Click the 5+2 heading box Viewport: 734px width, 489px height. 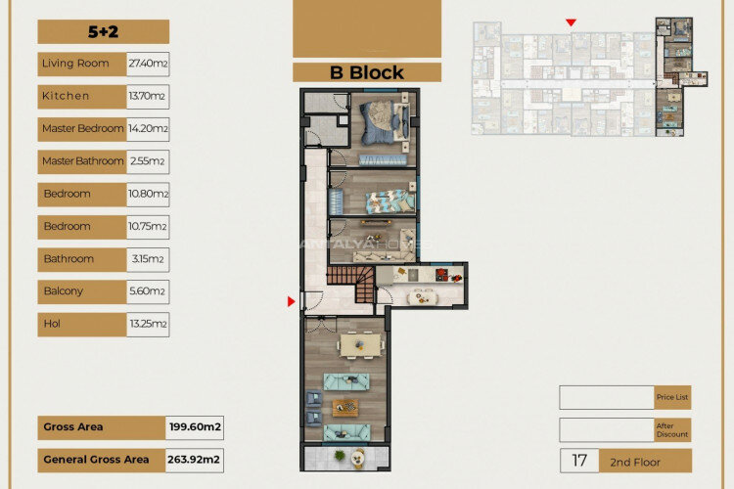click(103, 32)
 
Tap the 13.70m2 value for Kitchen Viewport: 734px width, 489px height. click(148, 96)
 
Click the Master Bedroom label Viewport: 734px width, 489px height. click(82, 129)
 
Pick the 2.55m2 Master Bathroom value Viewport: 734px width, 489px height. click(148, 161)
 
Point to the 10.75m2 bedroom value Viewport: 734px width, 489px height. click(148, 227)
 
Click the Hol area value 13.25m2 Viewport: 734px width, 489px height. click(148, 324)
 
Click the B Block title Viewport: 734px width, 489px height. click(366, 72)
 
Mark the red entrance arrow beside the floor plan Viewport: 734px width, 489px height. click(291, 301)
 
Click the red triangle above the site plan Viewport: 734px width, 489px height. click(572, 22)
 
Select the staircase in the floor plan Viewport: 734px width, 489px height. click(351, 283)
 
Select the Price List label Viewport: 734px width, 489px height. click(673, 397)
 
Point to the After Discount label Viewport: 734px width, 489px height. click(673, 430)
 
